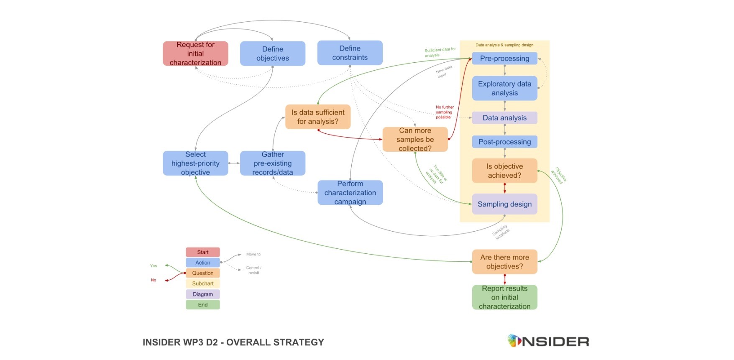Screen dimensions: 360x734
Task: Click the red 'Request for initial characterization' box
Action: tap(195, 54)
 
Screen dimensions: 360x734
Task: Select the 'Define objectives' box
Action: tap(273, 54)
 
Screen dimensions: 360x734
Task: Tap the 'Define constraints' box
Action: tap(350, 53)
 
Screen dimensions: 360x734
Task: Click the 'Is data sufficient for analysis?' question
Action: tap(318, 117)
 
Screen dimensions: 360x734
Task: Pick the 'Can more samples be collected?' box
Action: tap(415, 139)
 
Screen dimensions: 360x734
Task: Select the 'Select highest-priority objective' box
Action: tap(195, 163)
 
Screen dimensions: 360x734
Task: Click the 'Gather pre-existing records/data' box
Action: tap(273, 163)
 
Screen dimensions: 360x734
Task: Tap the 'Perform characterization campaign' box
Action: tap(350, 193)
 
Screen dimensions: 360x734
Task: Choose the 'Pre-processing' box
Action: tap(504, 59)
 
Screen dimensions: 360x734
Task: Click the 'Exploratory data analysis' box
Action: tap(504, 88)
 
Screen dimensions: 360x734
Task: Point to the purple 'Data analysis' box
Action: tap(504, 118)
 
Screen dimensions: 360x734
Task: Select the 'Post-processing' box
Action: tap(504, 142)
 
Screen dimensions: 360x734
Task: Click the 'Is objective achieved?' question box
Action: tap(504, 171)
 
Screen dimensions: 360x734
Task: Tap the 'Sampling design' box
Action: tap(504, 204)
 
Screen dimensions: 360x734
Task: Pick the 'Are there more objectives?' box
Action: tap(504, 262)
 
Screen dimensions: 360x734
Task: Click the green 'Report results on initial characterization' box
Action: tap(504, 297)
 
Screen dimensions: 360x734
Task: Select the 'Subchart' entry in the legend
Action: tap(203, 283)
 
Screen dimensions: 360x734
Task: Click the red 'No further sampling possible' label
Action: tap(444, 112)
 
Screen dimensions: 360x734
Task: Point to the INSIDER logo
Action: tap(548, 341)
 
